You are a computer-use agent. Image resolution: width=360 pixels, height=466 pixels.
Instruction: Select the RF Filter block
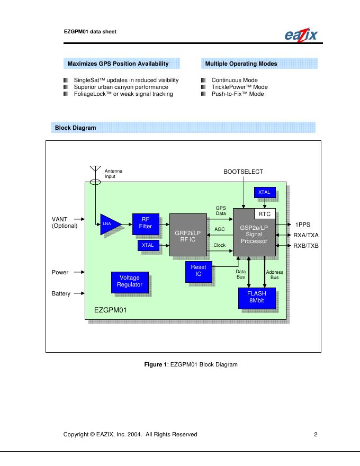click(145, 223)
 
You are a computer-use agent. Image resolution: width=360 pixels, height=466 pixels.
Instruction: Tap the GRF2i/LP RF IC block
click(187, 235)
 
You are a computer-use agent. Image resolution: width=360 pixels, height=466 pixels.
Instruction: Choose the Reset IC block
click(197, 271)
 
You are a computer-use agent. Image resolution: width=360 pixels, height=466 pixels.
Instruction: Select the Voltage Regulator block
click(130, 281)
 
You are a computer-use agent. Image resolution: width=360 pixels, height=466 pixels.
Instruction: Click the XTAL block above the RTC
click(264, 192)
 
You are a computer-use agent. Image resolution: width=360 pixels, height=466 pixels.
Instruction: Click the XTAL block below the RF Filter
click(148, 245)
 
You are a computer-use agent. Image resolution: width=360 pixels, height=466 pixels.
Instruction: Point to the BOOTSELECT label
click(243, 172)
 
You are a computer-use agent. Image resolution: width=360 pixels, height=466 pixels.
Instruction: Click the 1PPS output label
click(302, 225)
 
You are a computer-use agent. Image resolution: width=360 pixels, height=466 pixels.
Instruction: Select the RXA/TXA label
click(306, 235)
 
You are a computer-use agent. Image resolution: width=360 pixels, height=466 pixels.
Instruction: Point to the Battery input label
click(61, 293)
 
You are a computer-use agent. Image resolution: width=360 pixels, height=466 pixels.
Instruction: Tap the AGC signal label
click(220, 229)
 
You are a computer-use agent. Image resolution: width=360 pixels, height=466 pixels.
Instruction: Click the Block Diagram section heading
click(75, 128)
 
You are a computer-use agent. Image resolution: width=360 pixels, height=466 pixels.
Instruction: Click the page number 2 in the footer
click(315, 435)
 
